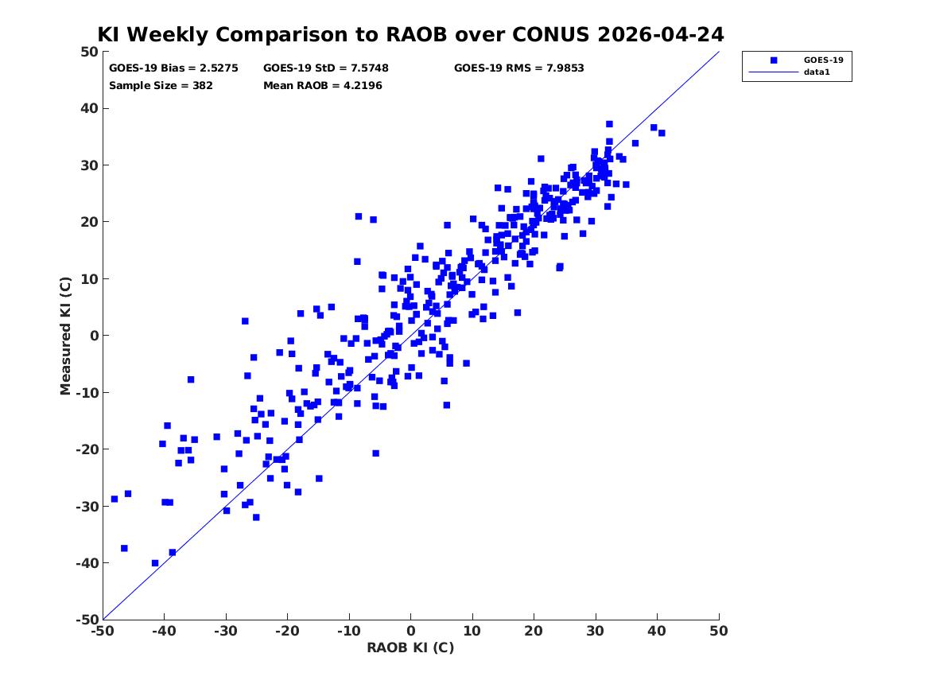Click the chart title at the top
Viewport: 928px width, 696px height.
pyautogui.click(x=410, y=34)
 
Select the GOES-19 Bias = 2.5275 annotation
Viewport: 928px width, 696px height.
pyautogui.click(x=173, y=68)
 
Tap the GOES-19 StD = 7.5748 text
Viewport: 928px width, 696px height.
pyautogui.click(x=326, y=68)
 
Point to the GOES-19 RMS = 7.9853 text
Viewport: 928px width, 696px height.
pyautogui.click(x=519, y=68)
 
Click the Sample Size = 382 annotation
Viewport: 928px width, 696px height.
pyautogui.click(x=161, y=86)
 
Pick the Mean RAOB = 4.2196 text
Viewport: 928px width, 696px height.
pyautogui.click(x=323, y=86)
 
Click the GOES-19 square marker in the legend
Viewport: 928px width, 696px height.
pyautogui.click(x=774, y=60)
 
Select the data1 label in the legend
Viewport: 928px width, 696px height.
pyautogui.click(x=817, y=72)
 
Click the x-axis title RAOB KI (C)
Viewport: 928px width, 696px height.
pyautogui.click(x=411, y=647)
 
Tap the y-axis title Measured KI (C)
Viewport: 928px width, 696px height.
pyautogui.click(x=65, y=336)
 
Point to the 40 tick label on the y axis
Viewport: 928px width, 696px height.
pyautogui.click(x=89, y=108)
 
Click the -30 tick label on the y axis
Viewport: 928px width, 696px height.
pyautogui.click(x=87, y=506)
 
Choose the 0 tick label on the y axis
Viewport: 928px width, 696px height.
pyautogui.click(x=94, y=336)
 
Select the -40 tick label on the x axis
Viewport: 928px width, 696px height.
pyautogui.click(x=164, y=631)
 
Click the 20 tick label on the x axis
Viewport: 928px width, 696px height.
pyautogui.click(x=534, y=631)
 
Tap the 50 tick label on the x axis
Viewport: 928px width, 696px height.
pyautogui.click(x=719, y=631)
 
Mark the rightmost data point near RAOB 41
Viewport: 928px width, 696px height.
pyautogui.click(x=662, y=133)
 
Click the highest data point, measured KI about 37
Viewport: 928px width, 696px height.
pyautogui.click(x=609, y=124)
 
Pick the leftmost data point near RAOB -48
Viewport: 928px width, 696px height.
pyautogui.click(x=115, y=499)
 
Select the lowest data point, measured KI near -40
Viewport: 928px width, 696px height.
pyautogui.click(x=155, y=563)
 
